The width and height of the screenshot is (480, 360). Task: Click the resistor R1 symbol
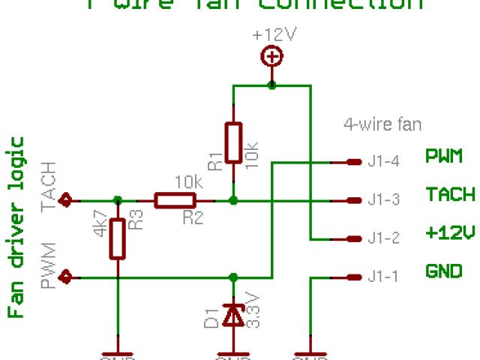tap(233, 142)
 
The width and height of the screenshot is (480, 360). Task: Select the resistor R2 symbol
tap(175, 200)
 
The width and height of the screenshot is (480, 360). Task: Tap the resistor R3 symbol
tap(116, 238)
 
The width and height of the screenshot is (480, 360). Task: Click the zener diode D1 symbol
tap(233, 316)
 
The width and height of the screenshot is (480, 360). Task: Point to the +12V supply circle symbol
tap(271, 56)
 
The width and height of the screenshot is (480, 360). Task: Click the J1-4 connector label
tap(383, 161)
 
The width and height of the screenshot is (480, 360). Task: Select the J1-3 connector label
tap(383, 200)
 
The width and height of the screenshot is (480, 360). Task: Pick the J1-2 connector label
tap(383, 238)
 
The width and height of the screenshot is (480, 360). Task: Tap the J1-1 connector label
tap(383, 277)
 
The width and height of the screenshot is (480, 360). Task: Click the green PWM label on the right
tap(444, 157)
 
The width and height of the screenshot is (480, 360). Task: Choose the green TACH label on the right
tap(450, 195)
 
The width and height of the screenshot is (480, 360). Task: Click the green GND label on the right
tap(444, 271)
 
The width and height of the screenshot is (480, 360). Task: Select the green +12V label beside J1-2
tap(450, 233)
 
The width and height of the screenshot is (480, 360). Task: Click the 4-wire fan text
tap(382, 124)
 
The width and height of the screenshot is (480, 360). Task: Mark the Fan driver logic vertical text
tap(16, 227)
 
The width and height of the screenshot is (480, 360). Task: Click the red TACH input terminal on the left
tap(67, 200)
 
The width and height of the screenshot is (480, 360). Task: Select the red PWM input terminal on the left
tap(67, 277)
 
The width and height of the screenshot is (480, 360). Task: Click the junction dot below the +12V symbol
tap(271, 85)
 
